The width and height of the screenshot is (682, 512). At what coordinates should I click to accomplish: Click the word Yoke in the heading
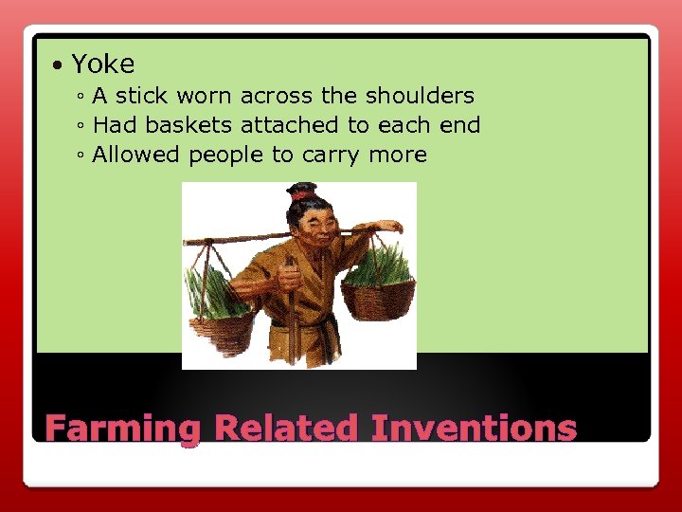click(x=103, y=64)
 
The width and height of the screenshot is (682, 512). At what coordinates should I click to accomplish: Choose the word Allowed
click(x=136, y=155)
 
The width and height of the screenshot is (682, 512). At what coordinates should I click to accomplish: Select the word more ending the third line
click(x=397, y=155)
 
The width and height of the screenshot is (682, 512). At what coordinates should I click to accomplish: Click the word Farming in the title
click(x=123, y=429)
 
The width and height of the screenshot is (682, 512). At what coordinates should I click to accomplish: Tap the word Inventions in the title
click(x=474, y=428)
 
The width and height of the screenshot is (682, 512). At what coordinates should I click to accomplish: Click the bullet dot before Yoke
click(x=59, y=65)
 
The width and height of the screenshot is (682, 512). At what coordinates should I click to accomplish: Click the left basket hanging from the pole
click(x=221, y=322)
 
